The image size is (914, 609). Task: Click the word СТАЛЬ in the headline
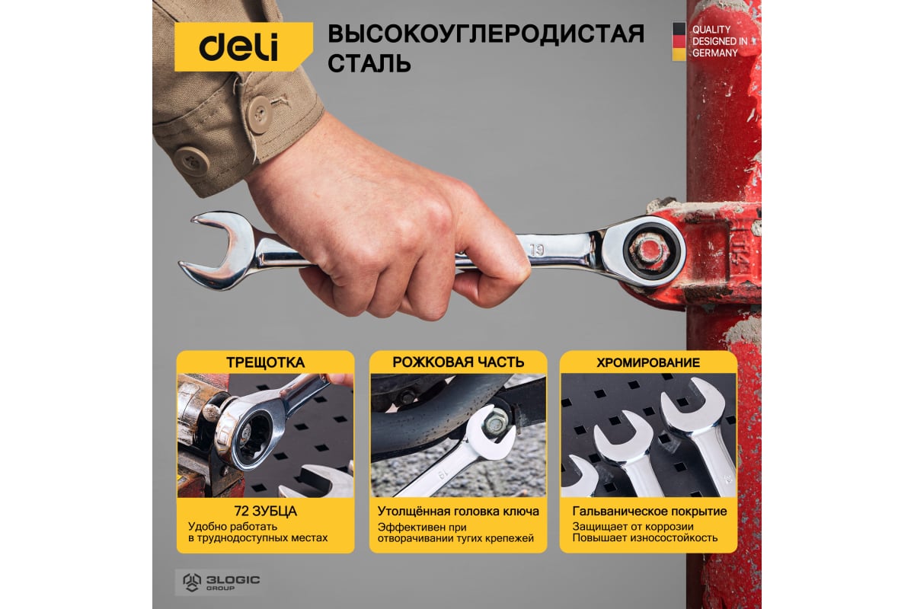tap(369, 63)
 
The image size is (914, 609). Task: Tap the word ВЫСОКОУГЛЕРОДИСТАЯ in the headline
tap(486, 33)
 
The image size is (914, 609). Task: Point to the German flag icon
tap(679, 42)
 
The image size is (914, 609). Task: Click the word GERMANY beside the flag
tap(715, 53)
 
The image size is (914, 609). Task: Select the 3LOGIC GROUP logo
tap(221, 582)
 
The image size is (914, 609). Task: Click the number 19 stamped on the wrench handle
tap(537, 250)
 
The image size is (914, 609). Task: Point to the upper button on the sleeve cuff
tap(260, 115)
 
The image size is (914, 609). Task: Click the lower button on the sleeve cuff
tap(191, 161)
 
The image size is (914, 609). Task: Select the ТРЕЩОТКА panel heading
tap(266, 362)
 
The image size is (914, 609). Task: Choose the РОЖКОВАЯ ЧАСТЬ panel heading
tap(459, 362)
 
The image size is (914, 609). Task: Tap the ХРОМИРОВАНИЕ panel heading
tap(648, 362)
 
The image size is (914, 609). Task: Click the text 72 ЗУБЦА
tap(266, 511)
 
